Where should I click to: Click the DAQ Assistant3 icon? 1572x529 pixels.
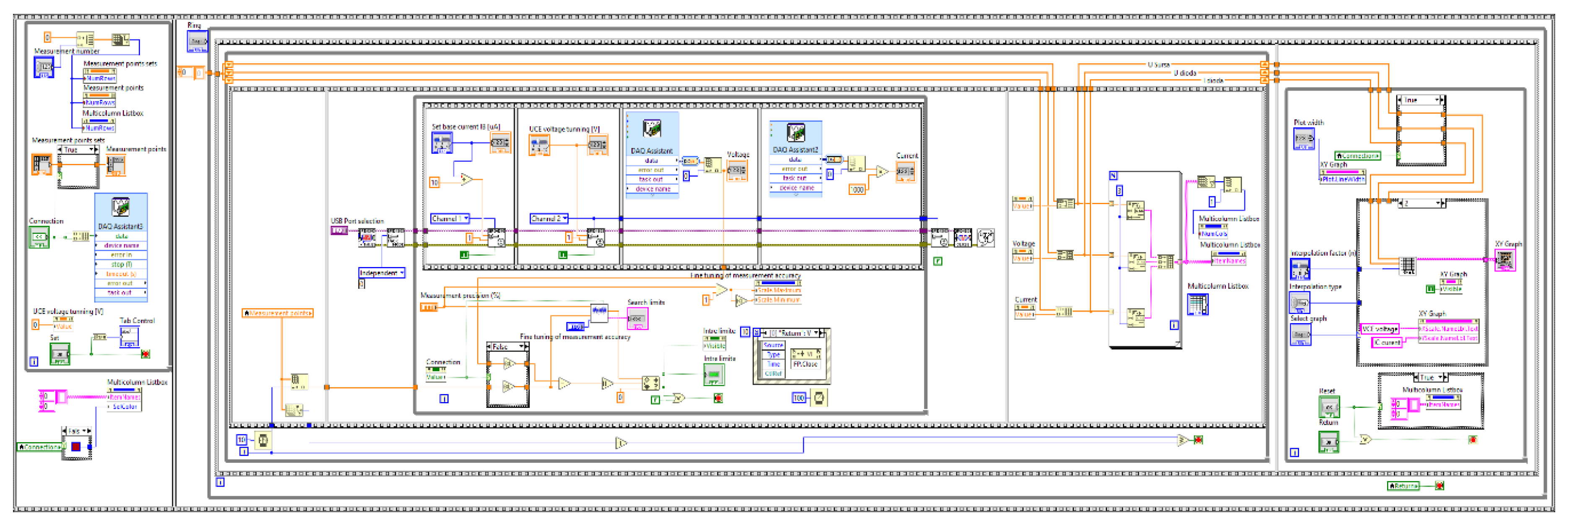point(120,207)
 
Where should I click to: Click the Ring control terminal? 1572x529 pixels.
point(197,41)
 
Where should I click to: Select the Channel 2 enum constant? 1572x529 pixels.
point(548,218)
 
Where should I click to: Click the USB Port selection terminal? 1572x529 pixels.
point(339,230)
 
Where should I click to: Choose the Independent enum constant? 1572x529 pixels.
point(381,273)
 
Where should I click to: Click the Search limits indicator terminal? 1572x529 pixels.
point(637,318)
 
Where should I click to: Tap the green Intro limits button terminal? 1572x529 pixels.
point(713,374)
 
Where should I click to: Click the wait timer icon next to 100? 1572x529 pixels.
point(818,398)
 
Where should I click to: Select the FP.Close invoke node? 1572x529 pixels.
point(805,364)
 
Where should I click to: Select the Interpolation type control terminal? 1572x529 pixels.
point(1299,302)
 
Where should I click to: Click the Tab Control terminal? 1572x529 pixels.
point(129,336)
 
